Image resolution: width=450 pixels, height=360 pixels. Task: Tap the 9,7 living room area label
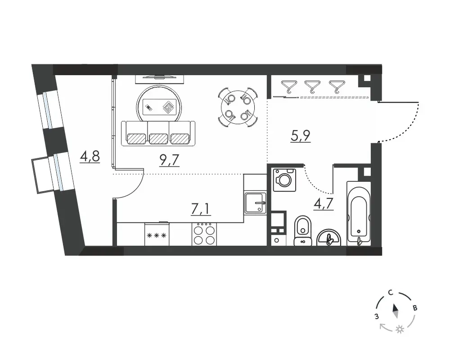[169, 160]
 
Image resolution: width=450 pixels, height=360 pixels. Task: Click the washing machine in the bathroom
[284, 180]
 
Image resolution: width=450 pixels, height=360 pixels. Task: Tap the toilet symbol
[303, 231]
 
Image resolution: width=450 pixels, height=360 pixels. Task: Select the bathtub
[359, 214]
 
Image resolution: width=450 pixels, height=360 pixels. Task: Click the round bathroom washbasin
[329, 238]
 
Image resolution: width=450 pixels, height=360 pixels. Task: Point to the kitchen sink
[255, 202]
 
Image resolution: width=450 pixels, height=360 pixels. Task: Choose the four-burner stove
[204, 234]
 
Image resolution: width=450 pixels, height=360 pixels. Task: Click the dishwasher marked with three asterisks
[157, 234]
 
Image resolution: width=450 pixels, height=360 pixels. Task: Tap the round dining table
[238, 108]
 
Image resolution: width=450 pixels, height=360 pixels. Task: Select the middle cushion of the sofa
[158, 138]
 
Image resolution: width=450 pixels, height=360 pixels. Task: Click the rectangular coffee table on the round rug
[159, 108]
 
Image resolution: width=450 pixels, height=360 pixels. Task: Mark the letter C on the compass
[390, 293]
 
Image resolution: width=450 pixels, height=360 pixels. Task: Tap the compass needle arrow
[395, 311]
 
